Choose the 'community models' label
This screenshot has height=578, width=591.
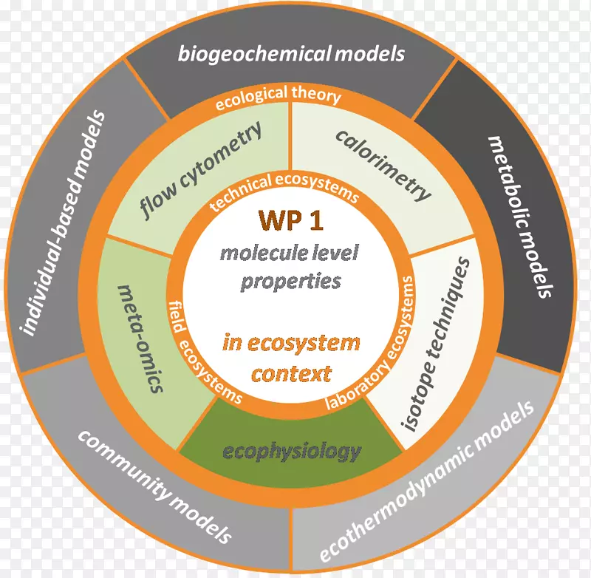(x=156, y=487)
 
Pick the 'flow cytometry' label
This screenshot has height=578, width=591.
(x=200, y=172)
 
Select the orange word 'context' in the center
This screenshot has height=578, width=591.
(x=290, y=373)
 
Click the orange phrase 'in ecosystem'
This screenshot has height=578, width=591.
(x=291, y=344)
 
